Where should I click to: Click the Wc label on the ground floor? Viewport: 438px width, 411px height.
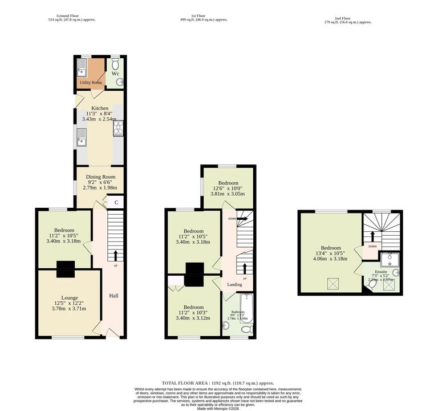click(x=115, y=74)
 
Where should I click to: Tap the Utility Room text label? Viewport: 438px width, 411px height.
click(x=91, y=83)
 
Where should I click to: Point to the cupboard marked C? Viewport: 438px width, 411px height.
click(x=116, y=202)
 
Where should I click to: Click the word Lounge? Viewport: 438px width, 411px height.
click(x=70, y=297)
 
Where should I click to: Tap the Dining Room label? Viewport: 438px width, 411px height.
click(x=100, y=177)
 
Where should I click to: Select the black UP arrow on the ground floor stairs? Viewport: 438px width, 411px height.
click(x=116, y=255)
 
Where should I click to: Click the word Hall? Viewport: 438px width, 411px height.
click(x=114, y=296)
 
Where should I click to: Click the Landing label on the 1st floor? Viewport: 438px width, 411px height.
click(x=234, y=284)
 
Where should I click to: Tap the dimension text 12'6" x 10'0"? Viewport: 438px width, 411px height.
click(x=228, y=188)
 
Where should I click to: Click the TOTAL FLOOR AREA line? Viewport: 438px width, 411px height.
click(x=218, y=383)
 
